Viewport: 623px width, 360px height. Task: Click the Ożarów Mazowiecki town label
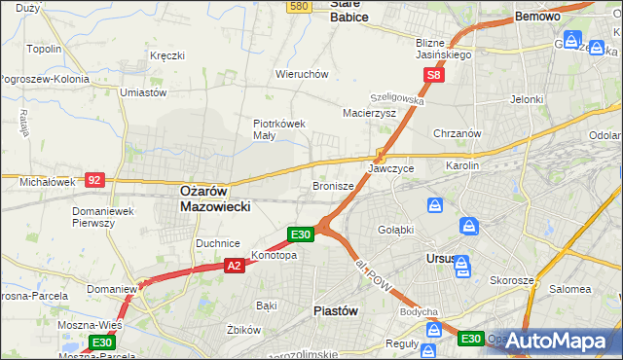(216, 199)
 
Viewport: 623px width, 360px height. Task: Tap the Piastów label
(336, 311)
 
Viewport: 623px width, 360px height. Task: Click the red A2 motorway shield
(234, 265)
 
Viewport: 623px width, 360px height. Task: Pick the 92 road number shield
(94, 180)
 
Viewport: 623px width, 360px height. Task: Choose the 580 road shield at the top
(299, 6)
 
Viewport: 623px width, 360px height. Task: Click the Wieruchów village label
(302, 74)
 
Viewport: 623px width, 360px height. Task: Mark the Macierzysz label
(369, 113)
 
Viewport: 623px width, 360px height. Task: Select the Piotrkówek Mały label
(279, 129)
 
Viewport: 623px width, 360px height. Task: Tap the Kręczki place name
(167, 55)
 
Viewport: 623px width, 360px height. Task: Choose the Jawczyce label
(391, 168)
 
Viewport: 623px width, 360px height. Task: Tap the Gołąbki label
(397, 230)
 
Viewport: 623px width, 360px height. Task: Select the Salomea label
(569, 289)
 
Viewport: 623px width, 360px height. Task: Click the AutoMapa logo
(559, 341)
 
